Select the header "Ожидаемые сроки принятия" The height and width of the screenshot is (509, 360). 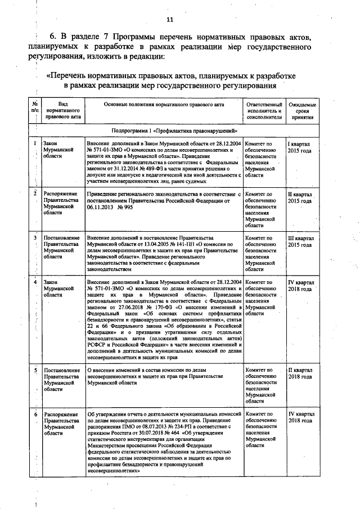pos(302,112)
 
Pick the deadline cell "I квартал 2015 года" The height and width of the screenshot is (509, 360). pos(301,148)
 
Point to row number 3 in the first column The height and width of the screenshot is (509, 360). pos(35,238)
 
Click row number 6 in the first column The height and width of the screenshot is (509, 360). pos(35,414)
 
